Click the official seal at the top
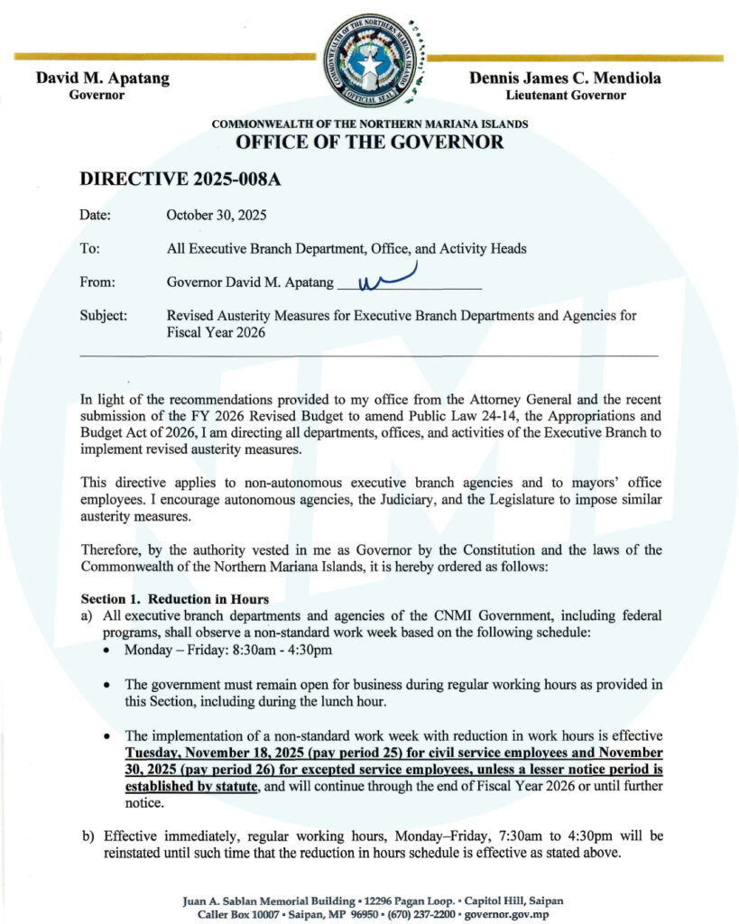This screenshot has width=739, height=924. tap(370, 61)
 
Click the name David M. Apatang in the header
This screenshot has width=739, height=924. tap(102, 79)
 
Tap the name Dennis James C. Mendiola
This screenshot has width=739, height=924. tap(566, 79)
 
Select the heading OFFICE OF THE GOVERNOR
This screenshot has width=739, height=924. tap(370, 143)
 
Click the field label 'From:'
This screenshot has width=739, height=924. tap(97, 282)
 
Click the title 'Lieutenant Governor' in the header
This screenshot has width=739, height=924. tap(566, 96)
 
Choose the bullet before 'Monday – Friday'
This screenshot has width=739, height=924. tap(108, 651)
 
